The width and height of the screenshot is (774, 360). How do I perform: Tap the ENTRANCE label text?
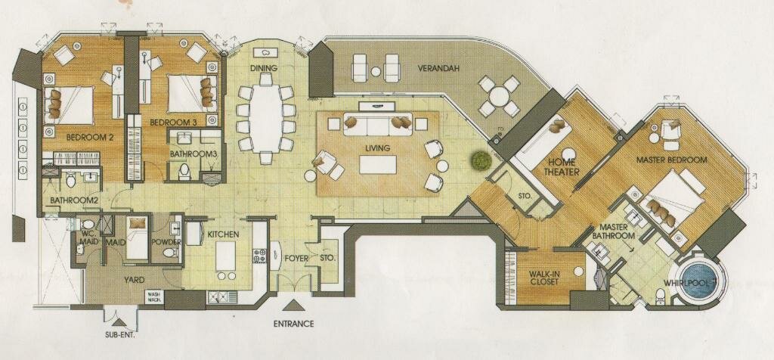(294, 324)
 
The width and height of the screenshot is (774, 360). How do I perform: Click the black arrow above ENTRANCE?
(294, 306)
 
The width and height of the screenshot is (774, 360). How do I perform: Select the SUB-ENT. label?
(120, 334)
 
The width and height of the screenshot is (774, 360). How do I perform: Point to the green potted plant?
(479, 160)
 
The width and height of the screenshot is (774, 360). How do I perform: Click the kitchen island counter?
(225, 256)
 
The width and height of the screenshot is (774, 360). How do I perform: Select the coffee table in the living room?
(378, 164)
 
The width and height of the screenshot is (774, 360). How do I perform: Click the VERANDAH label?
(438, 68)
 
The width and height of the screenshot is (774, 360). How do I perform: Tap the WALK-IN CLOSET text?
(544, 278)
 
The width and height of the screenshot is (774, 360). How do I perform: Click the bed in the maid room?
(138, 238)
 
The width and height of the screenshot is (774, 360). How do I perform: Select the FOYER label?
(296, 258)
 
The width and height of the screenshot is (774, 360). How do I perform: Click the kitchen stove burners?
(260, 255)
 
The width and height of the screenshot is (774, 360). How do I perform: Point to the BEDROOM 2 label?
(91, 138)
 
